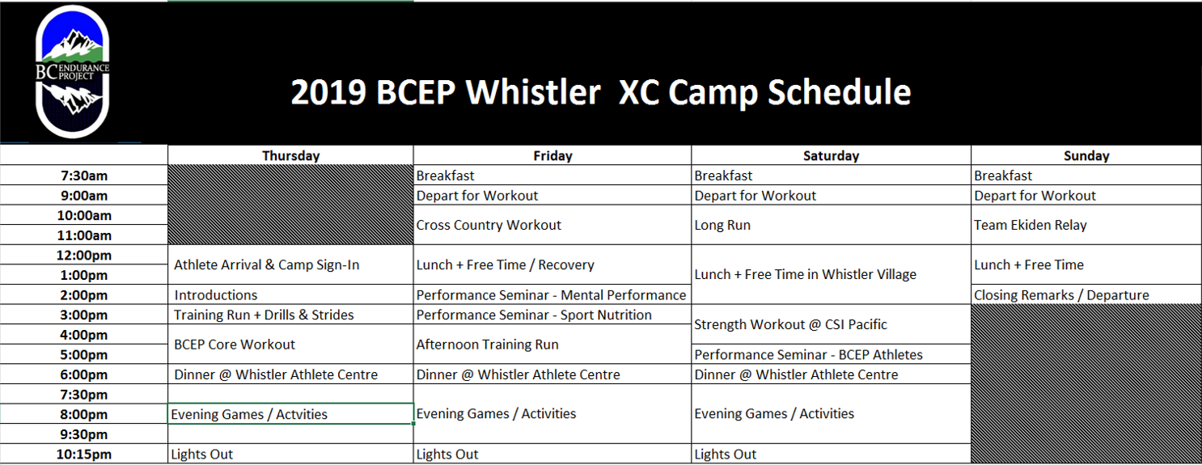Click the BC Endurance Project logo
(73, 72)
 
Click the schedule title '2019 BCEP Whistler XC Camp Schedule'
(601, 92)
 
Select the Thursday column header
(291, 155)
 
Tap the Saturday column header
(832, 155)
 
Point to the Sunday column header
(1086, 155)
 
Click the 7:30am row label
(84, 175)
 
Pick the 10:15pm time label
(84, 454)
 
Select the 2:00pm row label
(84, 295)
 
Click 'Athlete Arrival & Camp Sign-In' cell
(291, 264)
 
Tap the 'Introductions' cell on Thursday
(291, 295)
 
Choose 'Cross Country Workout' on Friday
(552, 225)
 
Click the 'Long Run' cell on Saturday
(832, 225)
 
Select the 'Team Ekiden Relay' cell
(1086, 225)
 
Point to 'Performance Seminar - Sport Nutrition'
(552, 315)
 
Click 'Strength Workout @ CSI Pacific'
(832, 324)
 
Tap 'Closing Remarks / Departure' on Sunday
(1086, 295)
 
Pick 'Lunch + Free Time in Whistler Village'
(832, 275)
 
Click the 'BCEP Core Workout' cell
(291, 345)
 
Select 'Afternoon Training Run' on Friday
(552, 345)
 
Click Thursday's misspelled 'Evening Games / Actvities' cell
(291, 414)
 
